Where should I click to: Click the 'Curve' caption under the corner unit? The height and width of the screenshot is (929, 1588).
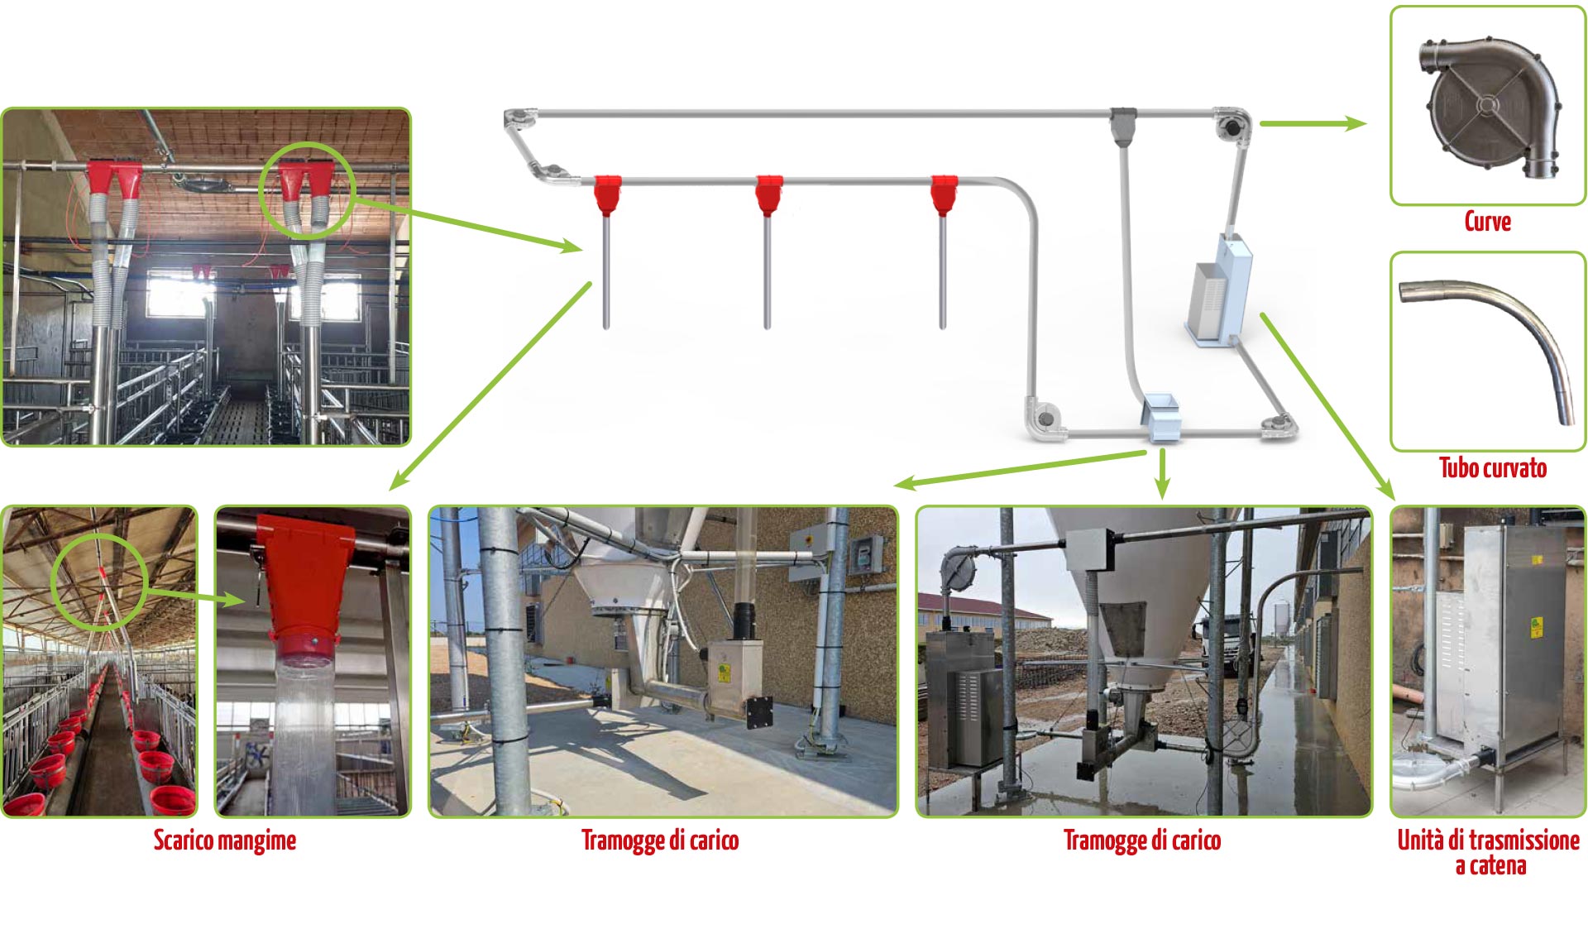1487,222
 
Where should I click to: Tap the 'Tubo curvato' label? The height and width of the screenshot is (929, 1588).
1492,468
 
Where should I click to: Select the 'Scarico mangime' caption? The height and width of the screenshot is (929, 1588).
224,840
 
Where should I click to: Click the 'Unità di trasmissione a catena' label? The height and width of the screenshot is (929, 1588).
1488,852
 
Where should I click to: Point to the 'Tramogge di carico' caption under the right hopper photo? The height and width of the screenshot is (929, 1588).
1141,840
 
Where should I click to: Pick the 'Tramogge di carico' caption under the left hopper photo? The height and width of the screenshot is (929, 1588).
659,840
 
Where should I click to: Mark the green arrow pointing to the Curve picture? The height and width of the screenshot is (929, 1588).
1312,124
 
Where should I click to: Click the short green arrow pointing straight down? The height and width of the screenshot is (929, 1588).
1162,473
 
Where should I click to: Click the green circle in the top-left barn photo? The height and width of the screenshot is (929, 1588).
306,190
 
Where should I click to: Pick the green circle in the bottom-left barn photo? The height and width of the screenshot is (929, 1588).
98,582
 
